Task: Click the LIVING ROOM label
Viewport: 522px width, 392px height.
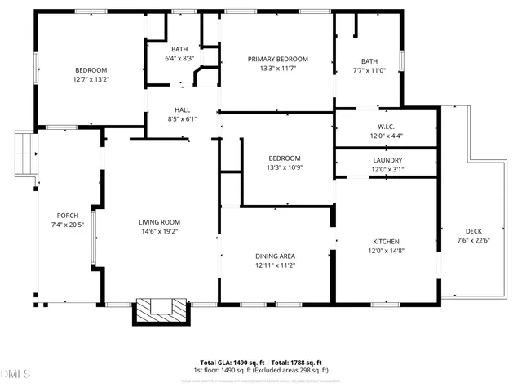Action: pyautogui.click(x=159, y=222)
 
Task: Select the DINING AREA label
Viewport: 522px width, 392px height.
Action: pyautogui.click(x=275, y=256)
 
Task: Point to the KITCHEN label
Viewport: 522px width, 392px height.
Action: pyautogui.click(x=387, y=242)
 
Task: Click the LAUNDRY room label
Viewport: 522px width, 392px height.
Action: pyautogui.click(x=387, y=160)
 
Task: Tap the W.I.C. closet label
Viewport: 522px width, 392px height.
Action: pyautogui.click(x=387, y=126)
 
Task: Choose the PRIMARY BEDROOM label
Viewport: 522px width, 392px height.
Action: pyautogui.click(x=278, y=60)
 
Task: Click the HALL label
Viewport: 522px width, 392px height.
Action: pyautogui.click(x=183, y=109)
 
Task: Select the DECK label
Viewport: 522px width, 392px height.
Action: pyautogui.click(x=474, y=231)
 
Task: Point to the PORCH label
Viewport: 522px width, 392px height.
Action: pyautogui.click(x=68, y=216)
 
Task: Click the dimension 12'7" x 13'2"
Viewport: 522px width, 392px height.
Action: pyautogui.click(x=91, y=80)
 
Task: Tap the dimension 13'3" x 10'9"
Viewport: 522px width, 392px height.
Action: pyautogui.click(x=285, y=167)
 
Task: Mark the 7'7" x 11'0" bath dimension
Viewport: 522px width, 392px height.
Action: pyautogui.click(x=369, y=71)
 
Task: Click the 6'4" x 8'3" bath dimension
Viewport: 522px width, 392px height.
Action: pyautogui.click(x=179, y=59)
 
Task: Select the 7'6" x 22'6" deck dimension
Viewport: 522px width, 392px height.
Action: pyautogui.click(x=474, y=241)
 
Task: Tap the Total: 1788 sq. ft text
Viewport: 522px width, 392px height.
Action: pyautogui.click(x=292, y=363)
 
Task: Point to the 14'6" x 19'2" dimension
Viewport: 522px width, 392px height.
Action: pyautogui.click(x=159, y=232)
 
